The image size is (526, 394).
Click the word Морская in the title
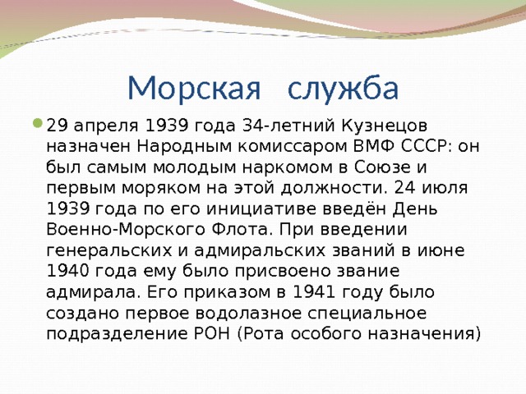(194, 88)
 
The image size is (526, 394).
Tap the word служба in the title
(344, 89)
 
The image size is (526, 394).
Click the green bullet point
(38, 123)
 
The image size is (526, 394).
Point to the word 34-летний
(288, 126)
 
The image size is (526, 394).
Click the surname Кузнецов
(385, 126)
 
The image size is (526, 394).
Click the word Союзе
(382, 167)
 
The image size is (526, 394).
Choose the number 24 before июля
(404, 188)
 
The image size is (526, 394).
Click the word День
(415, 209)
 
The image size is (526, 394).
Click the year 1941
(314, 292)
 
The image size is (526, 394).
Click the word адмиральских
(260, 250)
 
